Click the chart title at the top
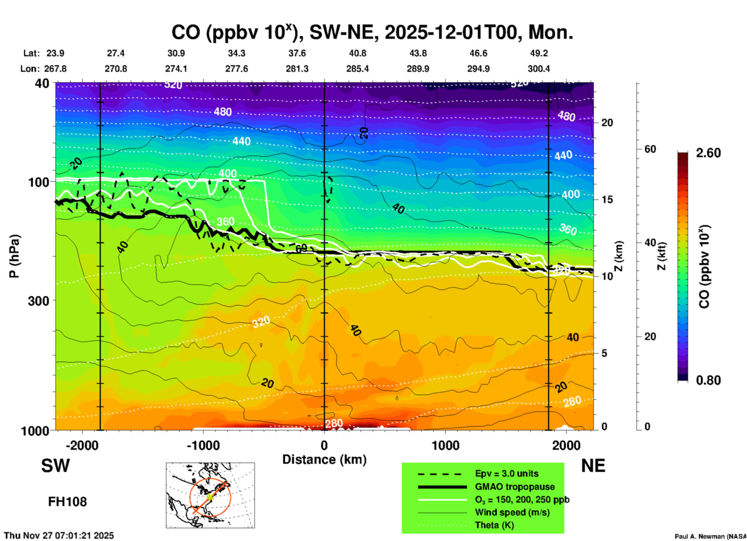[x=372, y=32]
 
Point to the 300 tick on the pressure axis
[x=38, y=301]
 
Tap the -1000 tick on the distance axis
[x=203, y=445]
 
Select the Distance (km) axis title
[x=324, y=460]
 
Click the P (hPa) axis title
[x=14, y=256]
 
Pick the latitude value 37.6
[x=297, y=53]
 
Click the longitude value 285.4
[x=357, y=69]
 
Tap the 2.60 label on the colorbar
[x=708, y=153]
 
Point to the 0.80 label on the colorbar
[x=708, y=380]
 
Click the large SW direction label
[x=55, y=466]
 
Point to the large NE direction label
[x=593, y=466]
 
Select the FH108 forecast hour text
[x=67, y=502]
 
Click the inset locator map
[x=210, y=495]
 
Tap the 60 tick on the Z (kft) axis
[x=650, y=149]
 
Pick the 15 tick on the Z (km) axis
[x=607, y=199]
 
